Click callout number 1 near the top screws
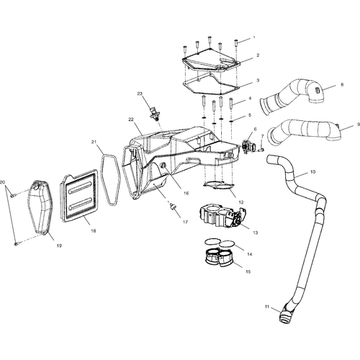[x=253, y=37]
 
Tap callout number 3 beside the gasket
[x=258, y=81]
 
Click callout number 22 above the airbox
[x=131, y=119]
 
